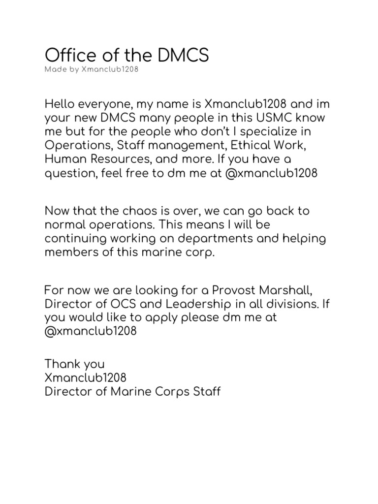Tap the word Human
64,159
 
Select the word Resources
120,159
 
